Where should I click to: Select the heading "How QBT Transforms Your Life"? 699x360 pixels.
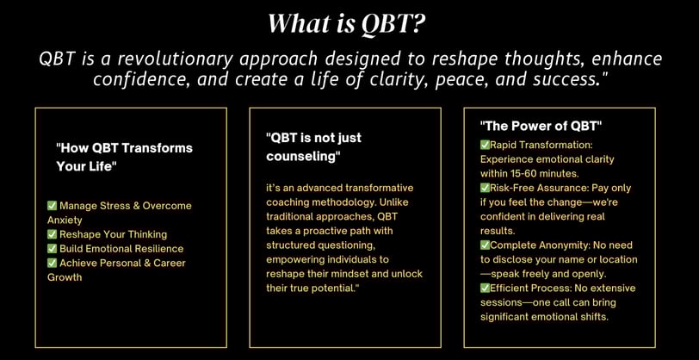pos(124,157)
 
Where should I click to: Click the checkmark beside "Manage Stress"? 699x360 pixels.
pos(53,206)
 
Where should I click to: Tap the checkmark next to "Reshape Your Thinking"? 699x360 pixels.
pos(53,234)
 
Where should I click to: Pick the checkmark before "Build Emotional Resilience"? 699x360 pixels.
pos(53,249)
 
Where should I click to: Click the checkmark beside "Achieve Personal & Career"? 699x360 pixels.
pos(53,263)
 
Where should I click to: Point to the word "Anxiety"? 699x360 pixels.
pos(65,220)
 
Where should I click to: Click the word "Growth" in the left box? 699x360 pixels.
pos(65,277)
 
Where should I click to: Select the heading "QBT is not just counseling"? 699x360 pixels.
pos(314,147)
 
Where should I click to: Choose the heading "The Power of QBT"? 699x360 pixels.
pos(541,127)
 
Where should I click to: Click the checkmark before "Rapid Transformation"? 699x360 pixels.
pos(485,145)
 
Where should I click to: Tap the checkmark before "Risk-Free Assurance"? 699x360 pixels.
pos(485,188)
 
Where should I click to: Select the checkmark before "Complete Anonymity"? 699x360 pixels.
pos(485,245)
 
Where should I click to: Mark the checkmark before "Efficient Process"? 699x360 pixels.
pos(485,289)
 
